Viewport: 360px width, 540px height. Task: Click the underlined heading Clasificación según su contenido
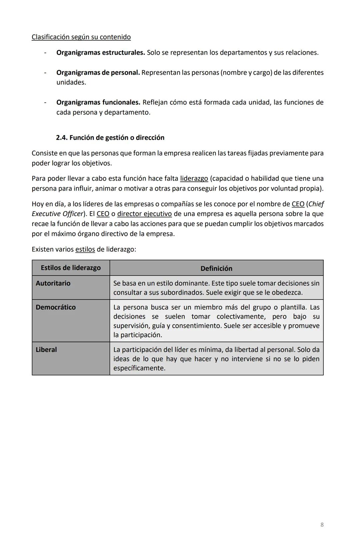(81, 37)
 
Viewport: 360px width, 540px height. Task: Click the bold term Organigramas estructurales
(100, 53)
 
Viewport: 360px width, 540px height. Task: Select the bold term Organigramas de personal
(98, 73)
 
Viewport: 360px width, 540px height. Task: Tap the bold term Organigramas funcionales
(98, 102)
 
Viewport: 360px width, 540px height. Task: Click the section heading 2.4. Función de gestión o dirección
(110, 138)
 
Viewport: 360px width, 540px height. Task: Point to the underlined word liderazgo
(194, 179)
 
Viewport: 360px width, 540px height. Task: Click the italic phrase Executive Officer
(57, 214)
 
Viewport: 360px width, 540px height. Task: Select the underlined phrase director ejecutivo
(144, 214)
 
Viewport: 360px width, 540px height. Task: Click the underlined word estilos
(85, 249)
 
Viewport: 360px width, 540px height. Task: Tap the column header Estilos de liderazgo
(71, 268)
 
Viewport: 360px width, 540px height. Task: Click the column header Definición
(216, 268)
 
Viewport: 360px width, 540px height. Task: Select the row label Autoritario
(53, 283)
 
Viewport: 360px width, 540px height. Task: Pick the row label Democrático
(56, 307)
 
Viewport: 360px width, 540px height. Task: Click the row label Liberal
(46, 350)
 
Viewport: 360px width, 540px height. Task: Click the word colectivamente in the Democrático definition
(241, 317)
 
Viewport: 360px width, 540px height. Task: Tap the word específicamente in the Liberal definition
(139, 368)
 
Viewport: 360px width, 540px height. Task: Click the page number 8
(322, 525)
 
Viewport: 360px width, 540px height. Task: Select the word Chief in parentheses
(316, 204)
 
